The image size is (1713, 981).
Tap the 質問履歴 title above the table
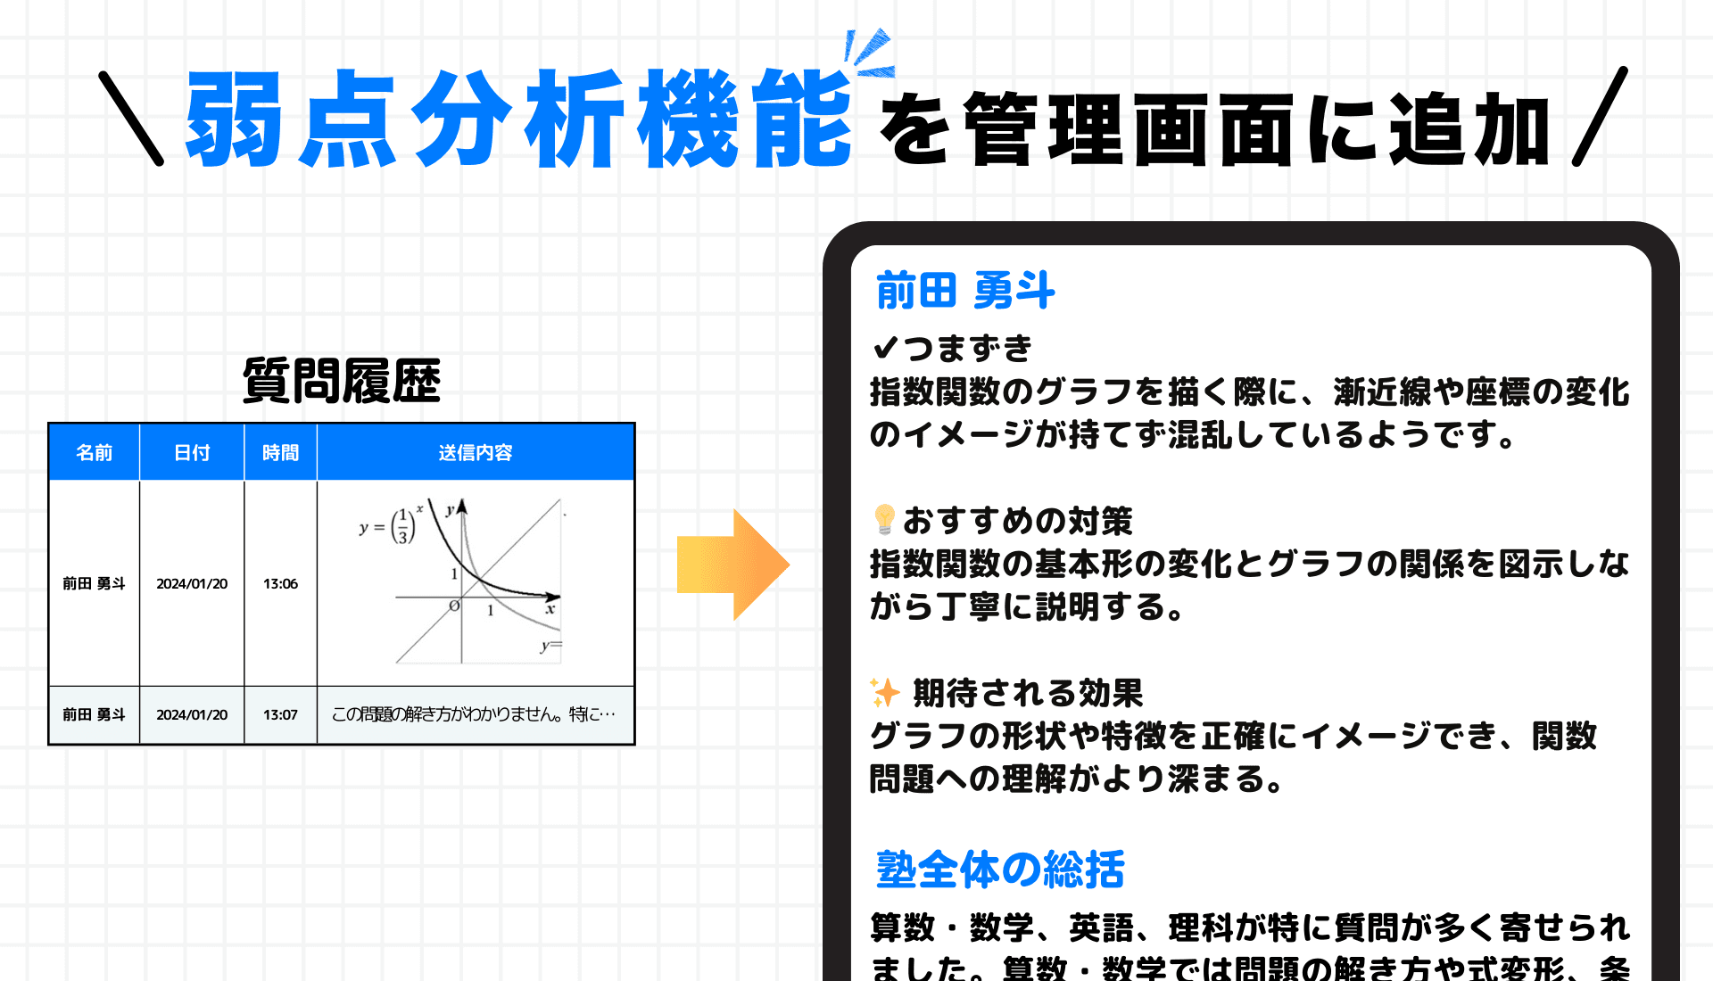click(x=342, y=381)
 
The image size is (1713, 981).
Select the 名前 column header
click(x=94, y=453)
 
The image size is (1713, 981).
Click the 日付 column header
click(x=192, y=453)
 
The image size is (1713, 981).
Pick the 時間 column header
click(x=280, y=453)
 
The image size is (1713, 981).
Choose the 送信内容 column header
click(x=476, y=453)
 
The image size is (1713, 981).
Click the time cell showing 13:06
click(x=280, y=584)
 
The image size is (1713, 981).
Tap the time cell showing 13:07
click(x=280, y=715)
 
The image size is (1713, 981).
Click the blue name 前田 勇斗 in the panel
click(x=965, y=291)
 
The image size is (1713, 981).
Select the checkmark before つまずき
click(x=884, y=347)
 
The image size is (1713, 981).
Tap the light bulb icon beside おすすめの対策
click(x=884, y=519)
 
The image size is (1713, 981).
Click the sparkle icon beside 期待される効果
click(x=885, y=692)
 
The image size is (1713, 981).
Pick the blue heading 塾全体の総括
click(x=1000, y=870)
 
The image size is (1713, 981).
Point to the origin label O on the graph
click(x=454, y=606)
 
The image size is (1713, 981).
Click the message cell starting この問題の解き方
click(x=474, y=715)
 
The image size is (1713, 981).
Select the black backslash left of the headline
click(x=131, y=119)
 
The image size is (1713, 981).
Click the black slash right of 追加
click(x=1600, y=117)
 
